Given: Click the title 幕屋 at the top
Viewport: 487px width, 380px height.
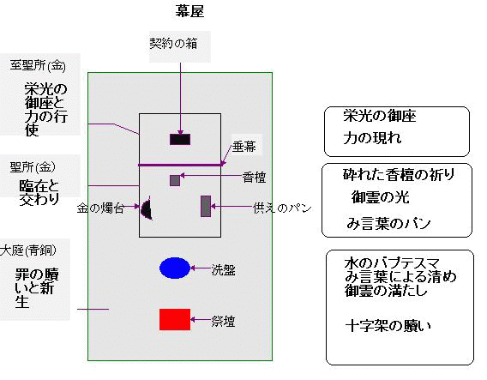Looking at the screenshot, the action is [x=189, y=11].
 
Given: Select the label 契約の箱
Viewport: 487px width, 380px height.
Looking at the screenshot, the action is [x=173, y=43].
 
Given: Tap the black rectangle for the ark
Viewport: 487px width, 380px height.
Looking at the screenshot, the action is [x=180, y=139].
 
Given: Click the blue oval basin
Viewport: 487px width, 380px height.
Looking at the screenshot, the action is [x=175, y=268].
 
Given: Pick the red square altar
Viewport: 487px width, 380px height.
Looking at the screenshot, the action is [x=175, y=319].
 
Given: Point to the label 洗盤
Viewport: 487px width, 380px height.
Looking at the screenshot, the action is [x=223, y=269].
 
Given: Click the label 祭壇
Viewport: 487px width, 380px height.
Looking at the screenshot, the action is [x=223, y=322].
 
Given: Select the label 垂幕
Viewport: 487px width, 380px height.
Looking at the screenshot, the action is [x=244, y=147].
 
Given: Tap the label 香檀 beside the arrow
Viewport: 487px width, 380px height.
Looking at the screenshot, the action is [x=254, y=178].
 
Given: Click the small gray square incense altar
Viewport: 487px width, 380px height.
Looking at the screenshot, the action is [x=175, y=180].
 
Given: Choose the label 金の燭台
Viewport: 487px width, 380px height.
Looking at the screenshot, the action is [x=100, y=208].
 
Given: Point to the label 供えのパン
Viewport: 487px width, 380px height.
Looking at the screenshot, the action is [x=282, y=208].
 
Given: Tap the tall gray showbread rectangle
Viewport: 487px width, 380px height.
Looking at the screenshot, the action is [x=206, y=206].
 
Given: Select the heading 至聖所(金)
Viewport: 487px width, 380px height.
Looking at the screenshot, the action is [x=38, y=65].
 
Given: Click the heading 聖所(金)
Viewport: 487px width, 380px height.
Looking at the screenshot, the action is [x=33, y=167].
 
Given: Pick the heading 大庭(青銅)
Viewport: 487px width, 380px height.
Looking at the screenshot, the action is [x=28, y=250].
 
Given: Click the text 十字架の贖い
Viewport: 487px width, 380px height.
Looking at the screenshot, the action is [x=388, y=326].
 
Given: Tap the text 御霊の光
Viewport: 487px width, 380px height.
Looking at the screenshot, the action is [x=381, y=197].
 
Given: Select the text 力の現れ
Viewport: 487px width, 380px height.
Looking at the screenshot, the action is [x=372, y=137].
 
